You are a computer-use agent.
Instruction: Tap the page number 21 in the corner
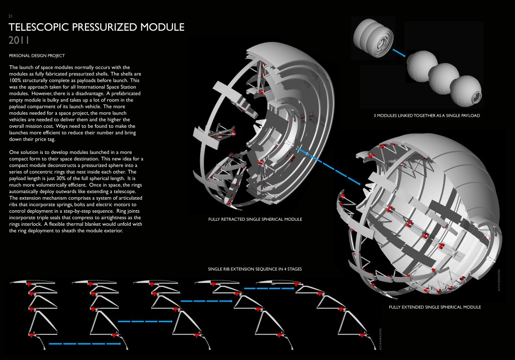11,16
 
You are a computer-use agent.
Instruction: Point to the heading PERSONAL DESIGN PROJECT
37,55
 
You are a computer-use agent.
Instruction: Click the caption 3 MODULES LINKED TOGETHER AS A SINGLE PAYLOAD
426,116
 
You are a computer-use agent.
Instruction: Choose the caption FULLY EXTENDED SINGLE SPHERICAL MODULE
435,307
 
